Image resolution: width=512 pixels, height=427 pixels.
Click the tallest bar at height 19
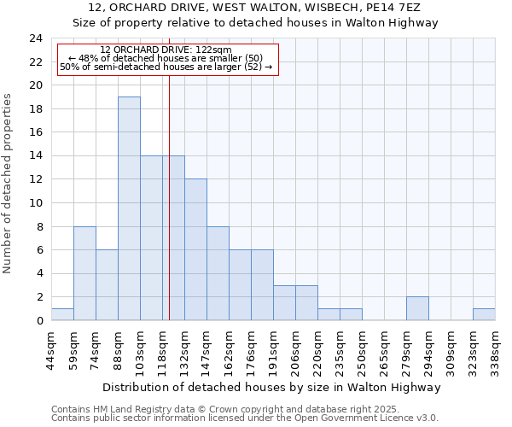(x=129, y=208)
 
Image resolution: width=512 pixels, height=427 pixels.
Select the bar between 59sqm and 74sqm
(x=84, y=273)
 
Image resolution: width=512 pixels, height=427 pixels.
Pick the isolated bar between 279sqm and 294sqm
(x=417, y=308)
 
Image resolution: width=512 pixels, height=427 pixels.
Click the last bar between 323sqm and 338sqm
(x=484, y=314)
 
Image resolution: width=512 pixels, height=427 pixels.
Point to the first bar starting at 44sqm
(x=62, y=314)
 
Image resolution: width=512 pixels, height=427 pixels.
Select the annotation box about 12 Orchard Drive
(x=167, y=59)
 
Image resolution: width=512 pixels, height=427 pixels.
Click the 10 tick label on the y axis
(x=36, y=203)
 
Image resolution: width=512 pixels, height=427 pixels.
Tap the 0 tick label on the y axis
(x=39, y=321)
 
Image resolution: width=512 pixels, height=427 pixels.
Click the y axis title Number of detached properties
(x=9, y=184)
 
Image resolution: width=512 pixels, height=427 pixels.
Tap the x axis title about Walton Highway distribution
(x=271, y=387)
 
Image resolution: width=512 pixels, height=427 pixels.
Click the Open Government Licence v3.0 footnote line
(x=245, y=418)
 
